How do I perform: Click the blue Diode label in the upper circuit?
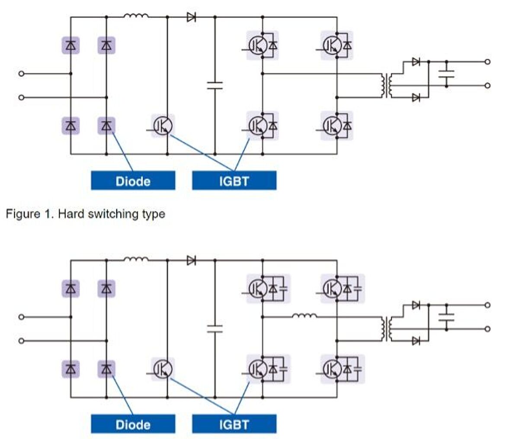tap(133, 181)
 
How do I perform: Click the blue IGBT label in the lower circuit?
tap(234, 424)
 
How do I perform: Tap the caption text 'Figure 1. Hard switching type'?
tap(85, 214)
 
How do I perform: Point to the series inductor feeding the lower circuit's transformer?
tap(304, 316)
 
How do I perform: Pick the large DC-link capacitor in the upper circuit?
tap(215, 85)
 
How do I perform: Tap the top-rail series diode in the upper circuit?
tap(191, 17)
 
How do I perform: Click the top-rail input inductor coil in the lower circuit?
tap(136, 260)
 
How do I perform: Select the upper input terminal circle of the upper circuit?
tap(21, 74)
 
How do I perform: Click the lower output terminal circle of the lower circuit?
tap(487, 329)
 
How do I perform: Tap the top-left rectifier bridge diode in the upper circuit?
tap(71, 45)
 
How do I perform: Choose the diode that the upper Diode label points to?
tap(106, 126)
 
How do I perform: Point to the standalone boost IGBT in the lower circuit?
tap(163, 369)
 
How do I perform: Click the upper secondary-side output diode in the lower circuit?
tap(416, 305)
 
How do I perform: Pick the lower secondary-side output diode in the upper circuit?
tap(416, 97)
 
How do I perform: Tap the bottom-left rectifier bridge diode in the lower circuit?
tap(71, 369)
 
